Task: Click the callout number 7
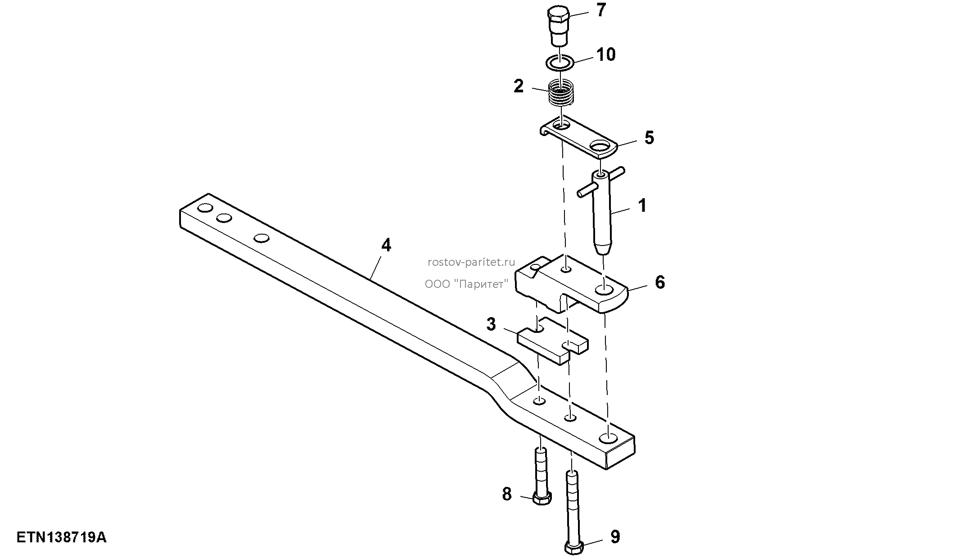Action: [601, 10]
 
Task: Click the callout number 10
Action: [605, 55]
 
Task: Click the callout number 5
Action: [649, 138]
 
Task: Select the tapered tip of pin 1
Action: [603, 248]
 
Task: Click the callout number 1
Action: [642, 205]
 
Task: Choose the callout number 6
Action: [659, 282]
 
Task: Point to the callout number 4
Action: [386, 245]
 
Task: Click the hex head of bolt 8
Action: [542, 499]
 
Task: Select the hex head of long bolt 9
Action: [574, 548]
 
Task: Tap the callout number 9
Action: [614, 537]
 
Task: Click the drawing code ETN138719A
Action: [61, 537]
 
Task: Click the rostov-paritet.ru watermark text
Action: [471, 262]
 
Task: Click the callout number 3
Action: [491, 324]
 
